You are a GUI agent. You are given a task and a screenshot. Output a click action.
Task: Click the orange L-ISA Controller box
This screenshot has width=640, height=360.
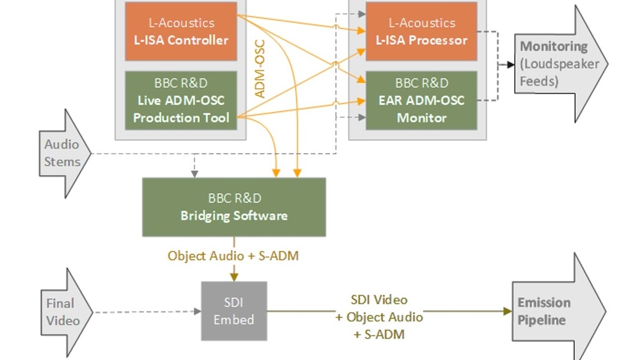(181, 31)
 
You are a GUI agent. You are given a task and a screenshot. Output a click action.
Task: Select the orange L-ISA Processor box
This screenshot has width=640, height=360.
(421, 31)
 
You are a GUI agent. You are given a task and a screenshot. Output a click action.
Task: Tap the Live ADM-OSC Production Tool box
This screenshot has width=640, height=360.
(181, 101)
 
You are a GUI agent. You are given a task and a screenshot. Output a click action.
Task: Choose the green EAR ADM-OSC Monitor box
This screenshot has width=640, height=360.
(421, 101)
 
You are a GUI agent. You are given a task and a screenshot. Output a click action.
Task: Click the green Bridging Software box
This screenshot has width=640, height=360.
(234, 207)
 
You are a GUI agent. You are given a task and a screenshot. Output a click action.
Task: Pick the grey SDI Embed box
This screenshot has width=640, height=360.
(234, 311)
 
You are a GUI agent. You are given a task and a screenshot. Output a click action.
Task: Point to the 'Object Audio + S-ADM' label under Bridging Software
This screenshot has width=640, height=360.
(233, 255)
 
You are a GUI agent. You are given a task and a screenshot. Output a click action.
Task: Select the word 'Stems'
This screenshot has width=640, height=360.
(62, 162)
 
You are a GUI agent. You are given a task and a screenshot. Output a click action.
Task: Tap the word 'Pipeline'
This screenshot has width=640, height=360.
(541, 320)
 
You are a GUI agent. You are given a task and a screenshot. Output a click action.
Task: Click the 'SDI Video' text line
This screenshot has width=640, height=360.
(379, 300)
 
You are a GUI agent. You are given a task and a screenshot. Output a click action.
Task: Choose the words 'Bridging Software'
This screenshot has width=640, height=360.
(234, 216)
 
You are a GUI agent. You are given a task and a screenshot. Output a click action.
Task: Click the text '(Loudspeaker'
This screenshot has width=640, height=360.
(560, 64)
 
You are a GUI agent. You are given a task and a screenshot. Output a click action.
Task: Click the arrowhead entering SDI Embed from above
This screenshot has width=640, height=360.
(234, 276)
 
